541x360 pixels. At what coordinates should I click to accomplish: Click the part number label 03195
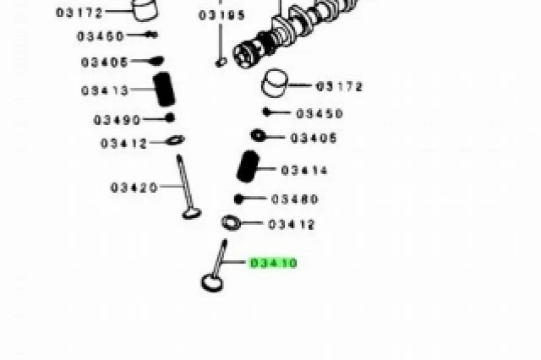pyautogui.click(x=221, y=15)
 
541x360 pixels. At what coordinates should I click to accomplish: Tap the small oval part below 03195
pyautogui.click(x=221, y=63)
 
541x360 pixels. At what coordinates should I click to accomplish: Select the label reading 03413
pyautogui.click(x=105, y=90)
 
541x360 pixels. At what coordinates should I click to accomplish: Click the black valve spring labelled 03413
pyautogui.click(x=164, y=89)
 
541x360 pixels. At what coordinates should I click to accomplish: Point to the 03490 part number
pyautogui.click(x=117, y=120)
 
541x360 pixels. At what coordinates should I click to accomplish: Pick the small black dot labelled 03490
pyautogui.click(x=170, y=118)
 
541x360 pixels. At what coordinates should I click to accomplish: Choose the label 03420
pyautogui.click(x=134, y=188)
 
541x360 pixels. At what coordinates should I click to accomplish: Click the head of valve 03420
pyautogui.click(x=192, y=213)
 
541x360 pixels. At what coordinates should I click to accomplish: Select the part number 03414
pyautogui.click(x=304, y=171)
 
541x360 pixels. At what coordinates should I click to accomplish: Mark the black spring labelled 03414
pyautogui.click(x=248, y=166)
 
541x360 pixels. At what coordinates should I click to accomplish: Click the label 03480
pyautogui.click(x=295, y=199)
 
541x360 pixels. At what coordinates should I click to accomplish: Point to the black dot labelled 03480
pyautogui.click(x=238, y=199)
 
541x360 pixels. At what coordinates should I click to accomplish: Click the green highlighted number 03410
pyautogui.click(x=273, y=263)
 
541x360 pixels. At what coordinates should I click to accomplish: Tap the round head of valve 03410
pyautogui.click(x=212, y=283)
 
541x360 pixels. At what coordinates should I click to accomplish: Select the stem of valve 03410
pyautogui.click(x=220, y=258)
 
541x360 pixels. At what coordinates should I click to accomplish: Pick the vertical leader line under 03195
pyautogui.click(x=221, y=41)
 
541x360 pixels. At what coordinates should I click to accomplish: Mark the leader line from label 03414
pyautogui.click(x=267, y=169)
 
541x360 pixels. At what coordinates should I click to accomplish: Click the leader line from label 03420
pyautogui.click(x=171, y=186)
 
